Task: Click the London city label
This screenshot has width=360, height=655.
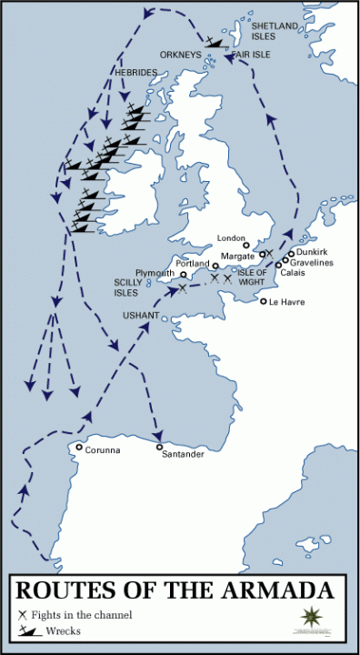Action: (x=233, y=237)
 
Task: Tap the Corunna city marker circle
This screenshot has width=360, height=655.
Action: (x=80, y=448)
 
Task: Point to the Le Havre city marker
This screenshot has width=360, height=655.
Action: (x=264, y=301)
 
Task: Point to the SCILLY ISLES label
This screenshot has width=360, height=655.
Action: (x=126, y=287)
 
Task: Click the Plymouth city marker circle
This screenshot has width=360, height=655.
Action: (x=183, y=275)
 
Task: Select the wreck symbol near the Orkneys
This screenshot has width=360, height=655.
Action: (x=215, y=41)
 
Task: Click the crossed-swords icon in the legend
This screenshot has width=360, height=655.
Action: (x=22, y=615)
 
